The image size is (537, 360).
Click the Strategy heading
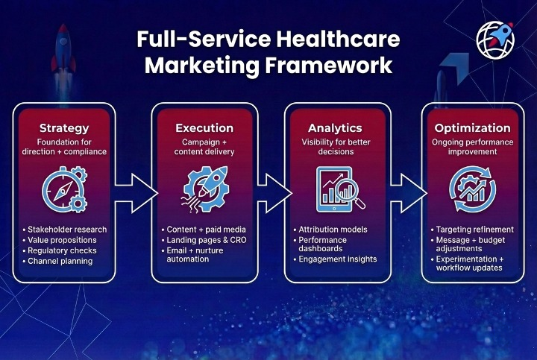(63, 128)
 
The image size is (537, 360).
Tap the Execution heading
(204, 128)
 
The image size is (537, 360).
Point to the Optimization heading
(472, 128)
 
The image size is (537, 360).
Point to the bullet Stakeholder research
(66, 230)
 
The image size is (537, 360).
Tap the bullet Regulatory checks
(63, 251)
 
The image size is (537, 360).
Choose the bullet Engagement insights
(340, 259)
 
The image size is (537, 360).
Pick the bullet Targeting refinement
(474, 230)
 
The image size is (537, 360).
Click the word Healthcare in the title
(335, 40)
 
